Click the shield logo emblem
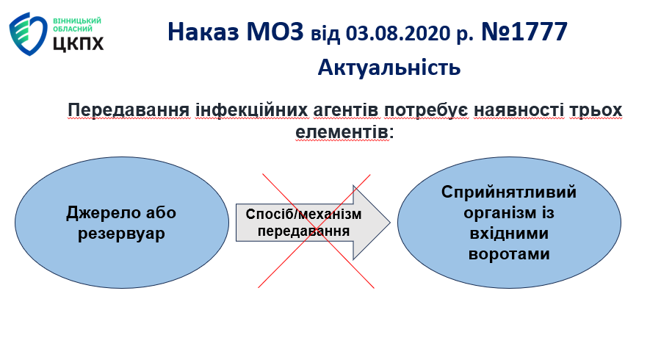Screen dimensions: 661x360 (x=28, y=34)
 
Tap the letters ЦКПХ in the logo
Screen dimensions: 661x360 (x=79, y=43)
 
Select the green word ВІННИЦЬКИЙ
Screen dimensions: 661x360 (x=77, y=21)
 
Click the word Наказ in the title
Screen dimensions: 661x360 (x=203, y=32)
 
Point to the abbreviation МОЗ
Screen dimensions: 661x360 (x=275, y=32)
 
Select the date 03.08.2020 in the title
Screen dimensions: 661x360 (x=398, y=33)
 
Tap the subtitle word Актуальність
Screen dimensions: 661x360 (x=389, y=68)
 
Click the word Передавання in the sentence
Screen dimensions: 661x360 (x=129, y=110)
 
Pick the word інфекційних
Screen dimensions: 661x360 (x=251, y=110)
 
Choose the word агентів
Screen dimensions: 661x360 (x=346, y=110)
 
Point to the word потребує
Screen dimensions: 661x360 (x=426, y=110)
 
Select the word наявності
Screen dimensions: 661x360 (x=519, y=110)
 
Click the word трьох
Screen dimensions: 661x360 (x=595, y=110)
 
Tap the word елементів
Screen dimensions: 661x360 (x=342, y=132)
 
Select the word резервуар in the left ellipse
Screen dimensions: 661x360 (x=121, y=234)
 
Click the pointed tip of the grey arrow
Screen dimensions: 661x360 (x=390, y=223)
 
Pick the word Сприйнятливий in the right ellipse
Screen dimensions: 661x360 (x=509, y=192)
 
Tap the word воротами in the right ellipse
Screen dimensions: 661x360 (x=509, y=254)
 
